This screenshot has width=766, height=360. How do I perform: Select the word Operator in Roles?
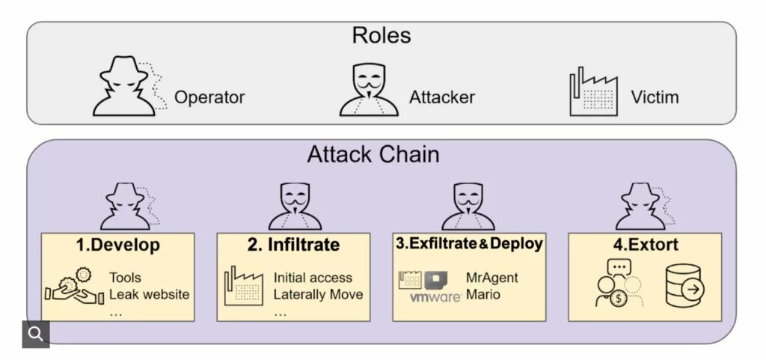209,98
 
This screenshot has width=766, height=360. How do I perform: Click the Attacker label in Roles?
442,98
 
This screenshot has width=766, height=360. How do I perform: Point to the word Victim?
655,98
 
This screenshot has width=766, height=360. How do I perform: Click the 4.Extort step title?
644,245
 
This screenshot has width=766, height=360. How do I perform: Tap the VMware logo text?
435,298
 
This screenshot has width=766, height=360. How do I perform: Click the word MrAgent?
492,278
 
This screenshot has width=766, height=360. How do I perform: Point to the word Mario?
482,294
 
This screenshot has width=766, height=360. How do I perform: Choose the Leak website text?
149,294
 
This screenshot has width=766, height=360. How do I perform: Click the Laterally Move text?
318,294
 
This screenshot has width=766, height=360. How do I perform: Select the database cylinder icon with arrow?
684,286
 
